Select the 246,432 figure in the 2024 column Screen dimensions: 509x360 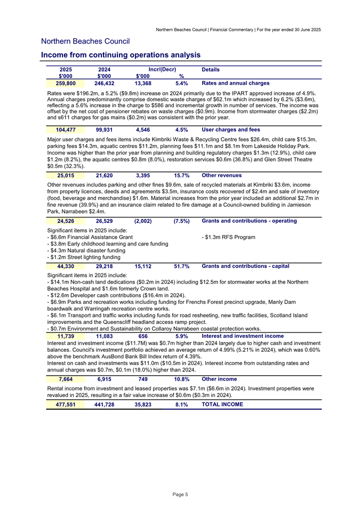pos(104,83)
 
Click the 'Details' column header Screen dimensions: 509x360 pos(211,70)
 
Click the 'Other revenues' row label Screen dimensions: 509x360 pos(222,175)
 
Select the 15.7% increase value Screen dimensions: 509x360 pos(181,175)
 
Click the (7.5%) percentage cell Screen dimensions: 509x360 pos(181,221)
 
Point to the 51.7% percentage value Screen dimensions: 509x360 pos(181,266)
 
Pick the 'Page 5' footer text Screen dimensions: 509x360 pos(180,495)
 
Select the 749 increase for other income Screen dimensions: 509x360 pos(142,379)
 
